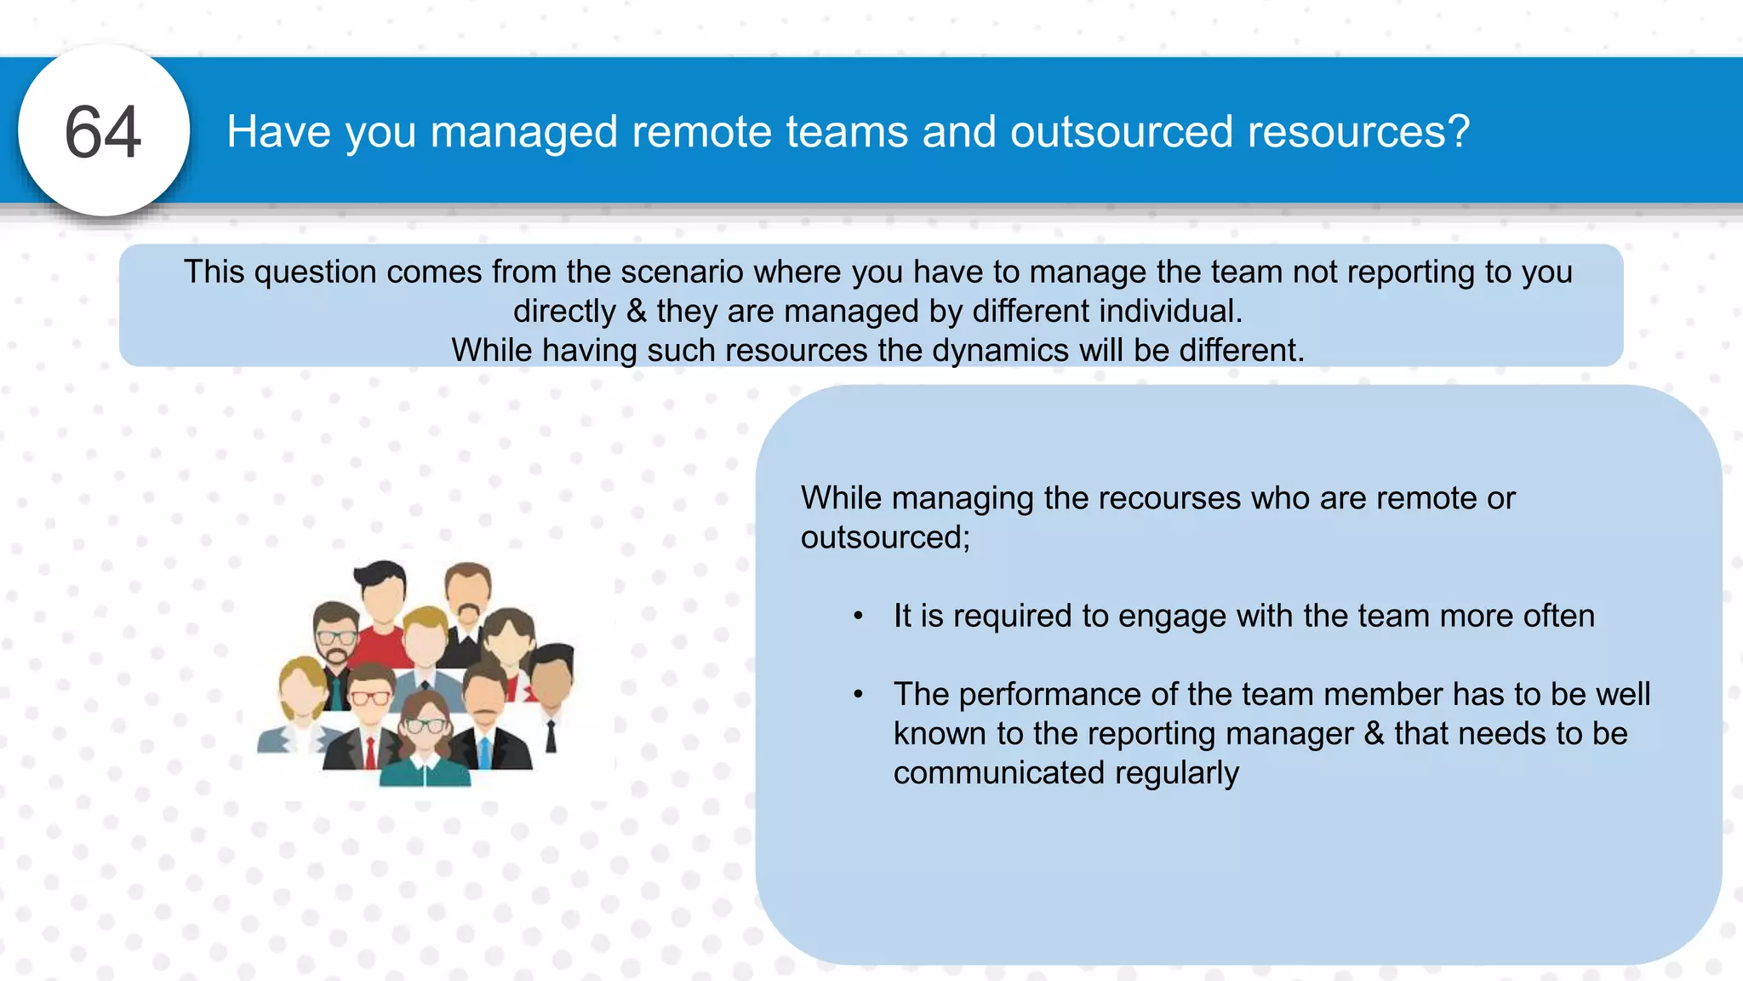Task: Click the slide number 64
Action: (103, 132)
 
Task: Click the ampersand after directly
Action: (636, 312)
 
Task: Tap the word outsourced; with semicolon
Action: (885, 537)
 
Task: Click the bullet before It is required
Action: (859, 616)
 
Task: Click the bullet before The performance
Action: (859, 694)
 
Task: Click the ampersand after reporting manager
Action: (1374, 734)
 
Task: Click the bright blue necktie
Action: (484, 749)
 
